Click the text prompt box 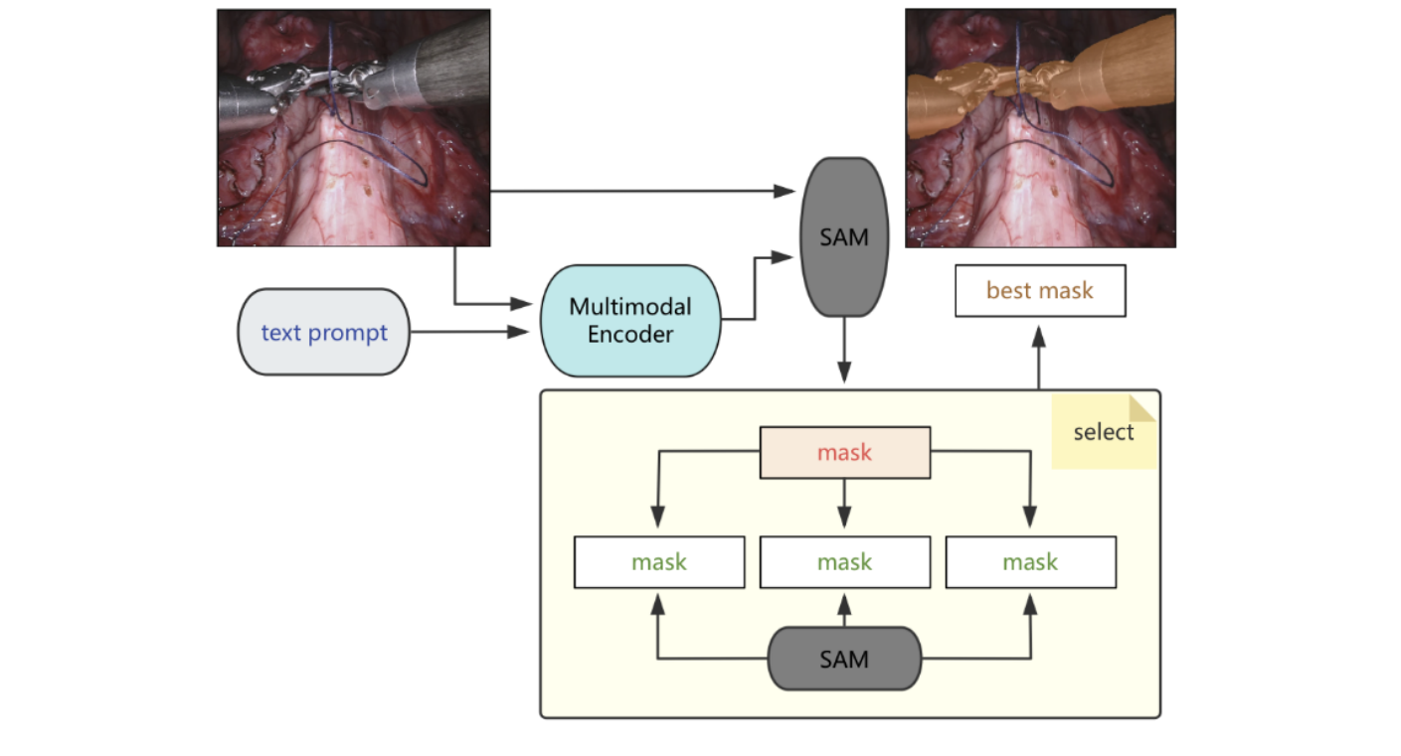[323, 332]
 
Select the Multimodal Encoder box [629, 320]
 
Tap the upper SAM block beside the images [844, 237]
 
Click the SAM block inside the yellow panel [844, 658]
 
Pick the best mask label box [1039, 290]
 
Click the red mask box [844, 452]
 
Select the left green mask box [659, 561]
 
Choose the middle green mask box [844, 561]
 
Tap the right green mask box [1030, 561]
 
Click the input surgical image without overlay [353, 127]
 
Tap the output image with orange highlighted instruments [1040, 127]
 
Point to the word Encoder [629, 334]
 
